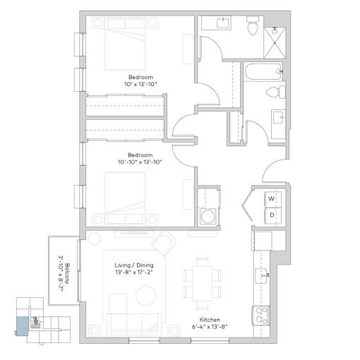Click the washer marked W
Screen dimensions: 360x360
(273, 199)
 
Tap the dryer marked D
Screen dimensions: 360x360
(273, 215)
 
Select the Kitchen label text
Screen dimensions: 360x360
(210, 320)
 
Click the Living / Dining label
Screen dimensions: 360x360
(134, 265)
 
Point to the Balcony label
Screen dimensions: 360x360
(68, 273)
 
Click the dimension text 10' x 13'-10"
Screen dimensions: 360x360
(140, 84)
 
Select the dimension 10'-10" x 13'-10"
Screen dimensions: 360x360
(140, 162)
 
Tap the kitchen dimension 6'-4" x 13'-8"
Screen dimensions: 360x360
(210, 327)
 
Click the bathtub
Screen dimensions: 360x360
(263, 71)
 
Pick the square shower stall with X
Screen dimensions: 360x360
(275, 43)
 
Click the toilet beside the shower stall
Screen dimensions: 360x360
(253, 25)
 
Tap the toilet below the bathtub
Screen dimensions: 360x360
(275, 92)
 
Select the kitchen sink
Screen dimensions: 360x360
(263, 276)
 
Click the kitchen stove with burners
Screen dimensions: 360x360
(261, 316)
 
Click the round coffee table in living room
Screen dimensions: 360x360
(146, 296)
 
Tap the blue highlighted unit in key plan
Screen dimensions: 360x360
(23, 326)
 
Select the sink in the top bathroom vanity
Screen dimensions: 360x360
(222, 23)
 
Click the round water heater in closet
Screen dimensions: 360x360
(207, 215)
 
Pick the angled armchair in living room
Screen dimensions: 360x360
(164, 244)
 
